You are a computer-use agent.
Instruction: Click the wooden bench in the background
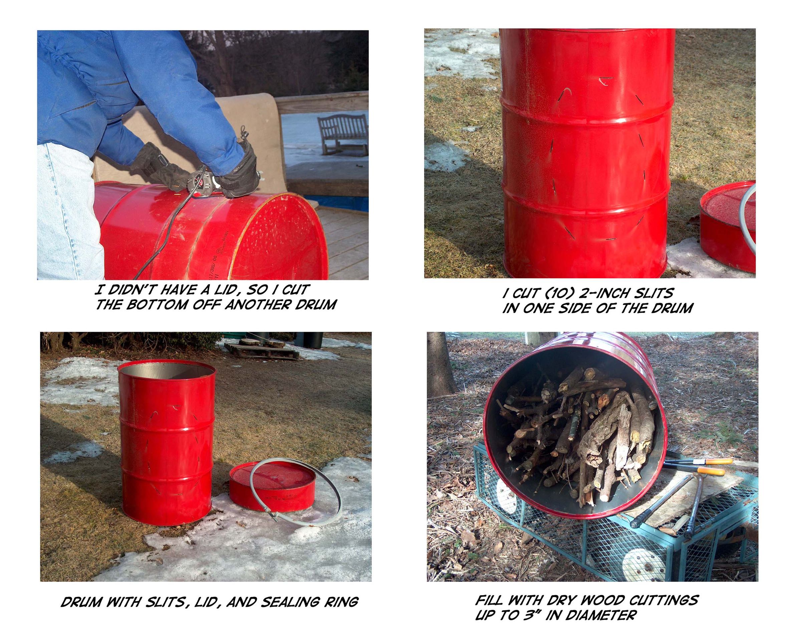click(342, 134)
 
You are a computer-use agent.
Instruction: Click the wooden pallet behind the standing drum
click(262, 347)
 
